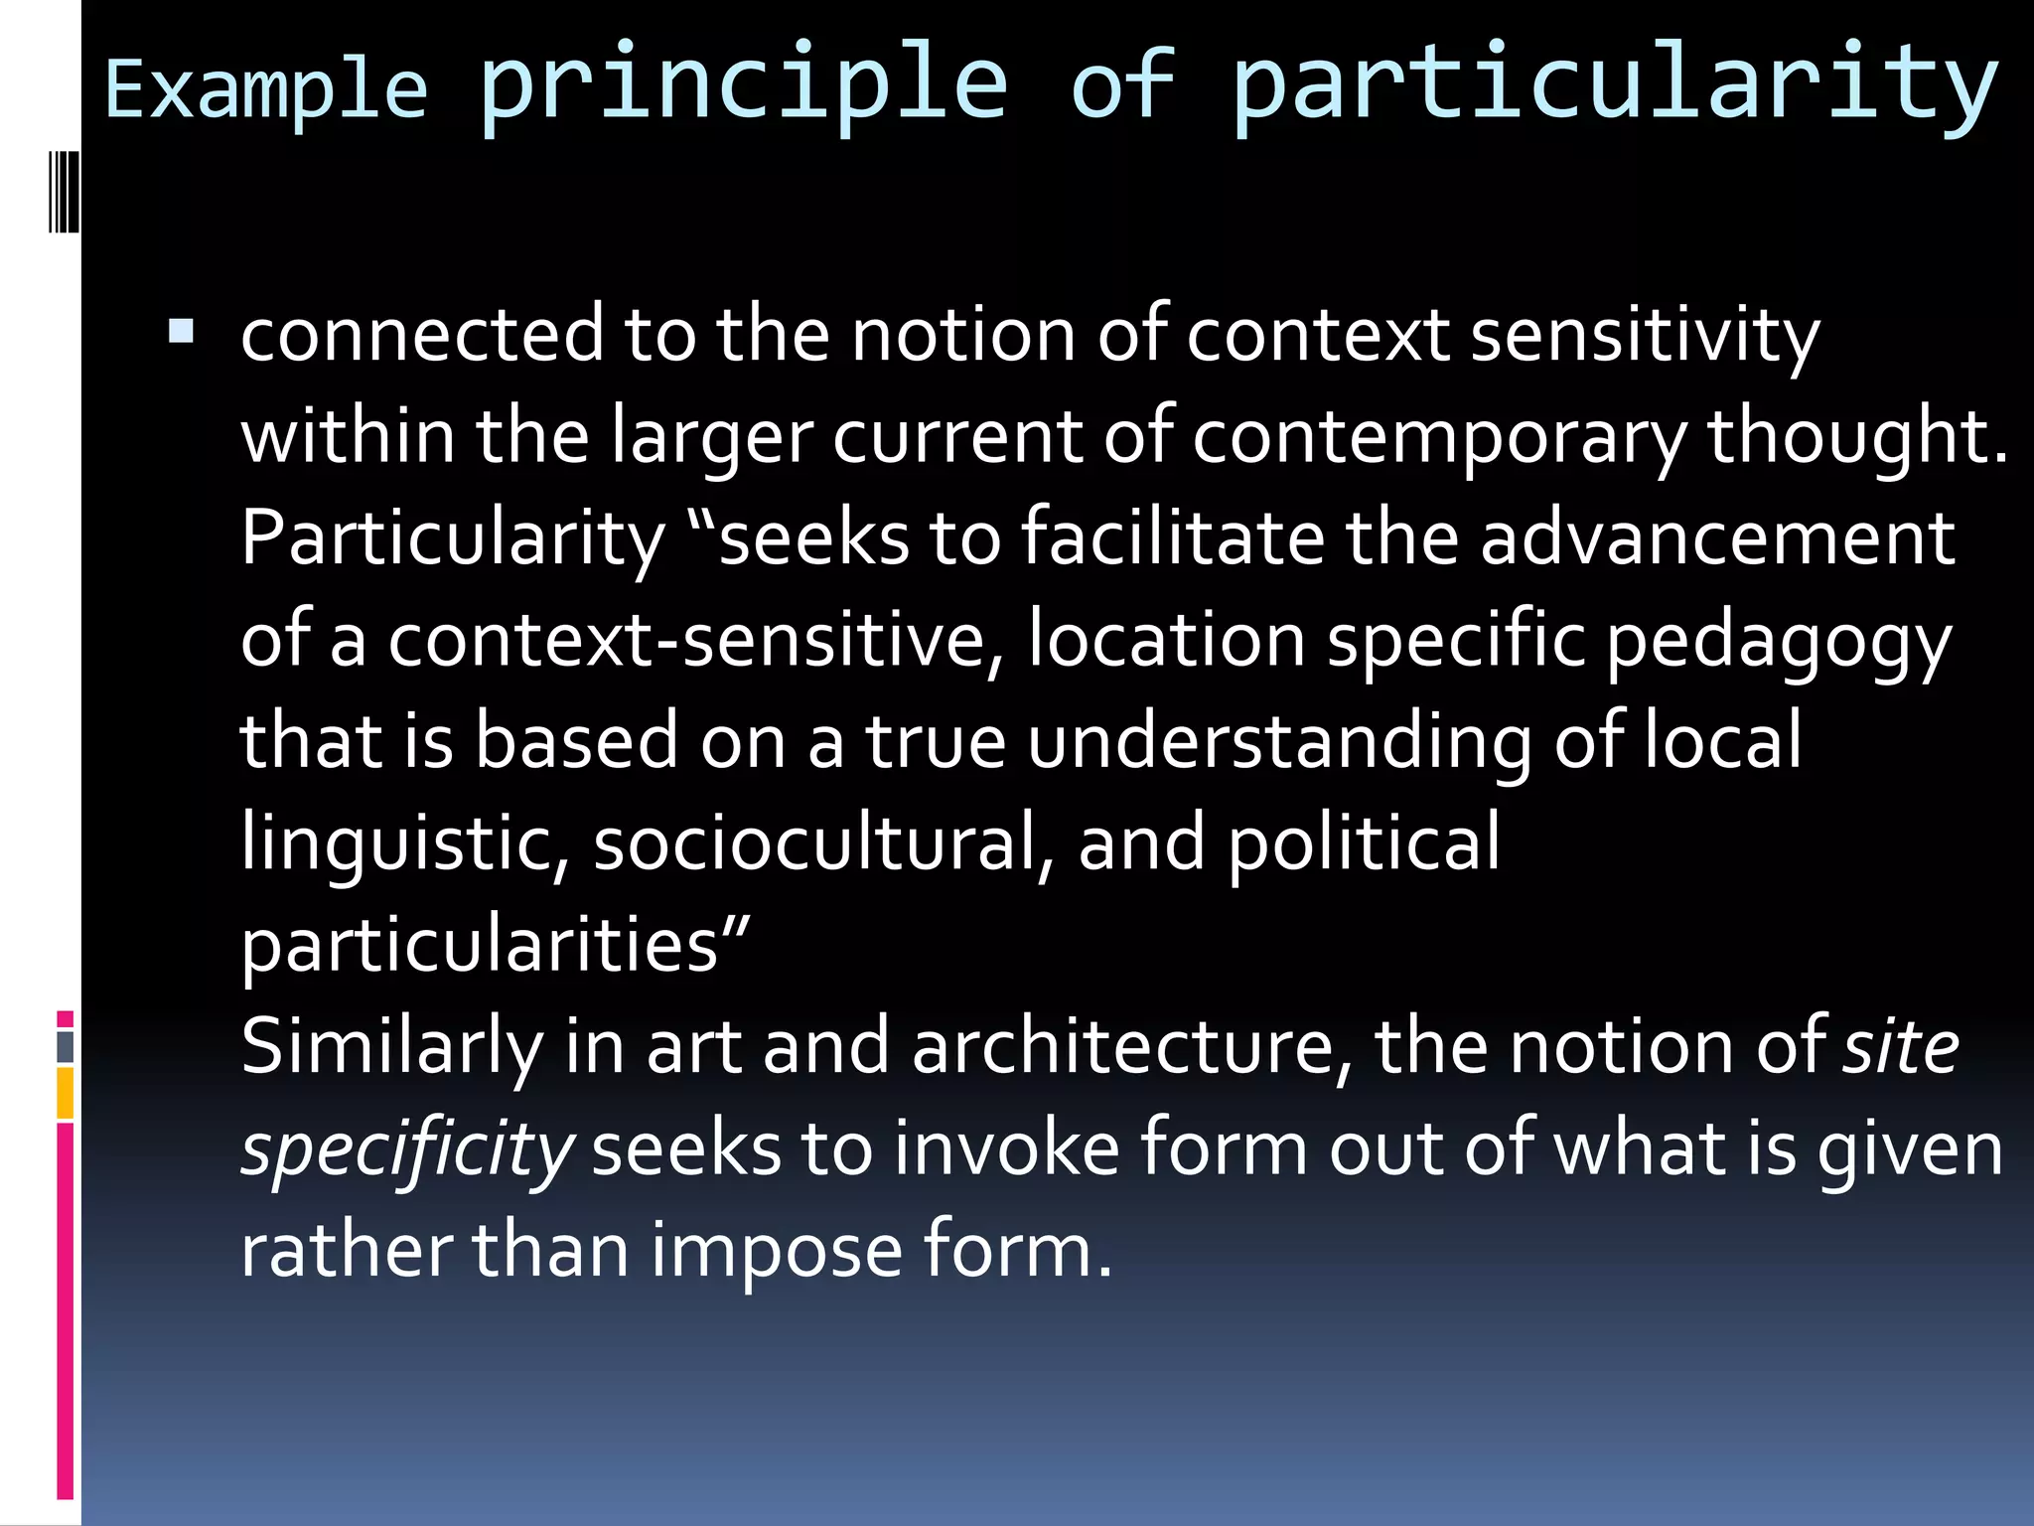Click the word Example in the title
[266, 91]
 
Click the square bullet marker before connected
[181, 331]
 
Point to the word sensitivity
[1645, 335]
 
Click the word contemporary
[1438, 437]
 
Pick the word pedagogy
[1778, 642]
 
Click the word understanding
[1279, 743]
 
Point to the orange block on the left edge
[65, 1093]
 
